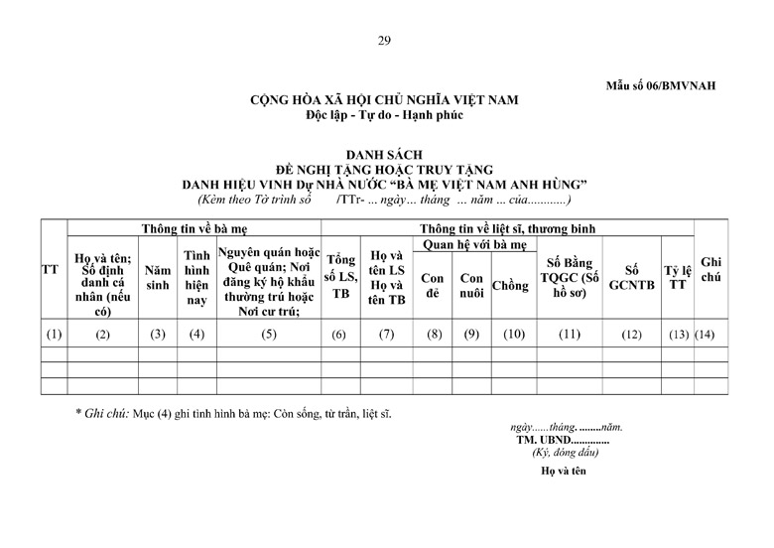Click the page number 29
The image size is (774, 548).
pos(386,40)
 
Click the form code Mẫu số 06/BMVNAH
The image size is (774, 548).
pos(660,85)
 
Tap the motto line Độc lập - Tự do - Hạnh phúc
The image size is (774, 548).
pos(385,115)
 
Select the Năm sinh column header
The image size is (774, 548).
pos(157,277)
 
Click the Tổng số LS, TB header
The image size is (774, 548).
pos(340,277)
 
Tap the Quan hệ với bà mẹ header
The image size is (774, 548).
pos(475,244)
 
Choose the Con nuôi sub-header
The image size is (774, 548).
pos(470,286)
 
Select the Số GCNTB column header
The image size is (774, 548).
pos(631,277)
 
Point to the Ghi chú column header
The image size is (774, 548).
pos(709,269)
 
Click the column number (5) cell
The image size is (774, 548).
pos(269,334)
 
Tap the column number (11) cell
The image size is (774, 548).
pos(569,334)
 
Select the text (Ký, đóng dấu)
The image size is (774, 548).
pos(566,453)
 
